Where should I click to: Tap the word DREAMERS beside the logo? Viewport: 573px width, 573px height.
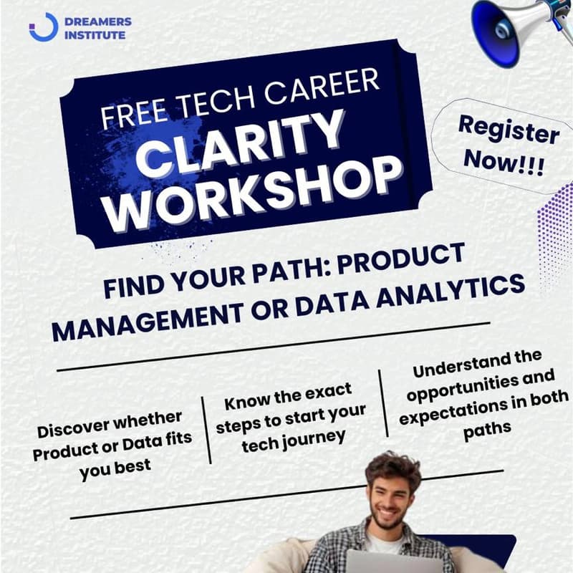pos(97,21)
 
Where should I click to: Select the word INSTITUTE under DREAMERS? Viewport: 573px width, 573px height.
pos(96,34)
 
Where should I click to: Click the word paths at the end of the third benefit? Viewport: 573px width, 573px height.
pos(487,428)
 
